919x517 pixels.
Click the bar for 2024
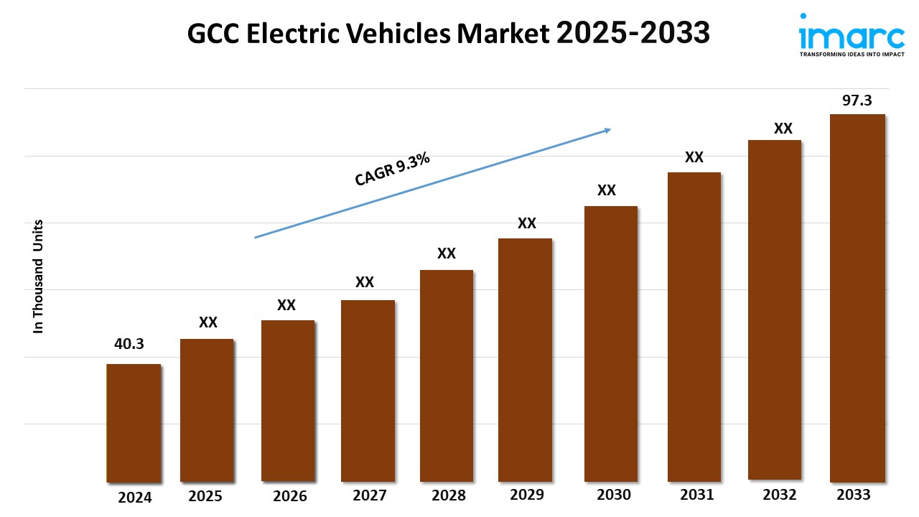point(134,423)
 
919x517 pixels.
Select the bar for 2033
point(857,298)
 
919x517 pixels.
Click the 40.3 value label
point(129,344)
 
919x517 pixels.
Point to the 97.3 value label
point(857,101)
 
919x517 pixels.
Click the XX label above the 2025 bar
point(208,322)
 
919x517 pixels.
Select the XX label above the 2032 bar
point(783,129)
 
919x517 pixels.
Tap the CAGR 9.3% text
point(393,169)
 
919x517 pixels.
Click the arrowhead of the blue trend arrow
point(607,130)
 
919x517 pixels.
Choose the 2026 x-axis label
point(290,496)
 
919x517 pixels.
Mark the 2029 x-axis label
point(527,495)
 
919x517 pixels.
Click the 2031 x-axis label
point(696,495)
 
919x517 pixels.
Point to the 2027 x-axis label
point(370,495)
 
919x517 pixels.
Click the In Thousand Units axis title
point(39,276)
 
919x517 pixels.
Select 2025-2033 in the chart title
point(633,33)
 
